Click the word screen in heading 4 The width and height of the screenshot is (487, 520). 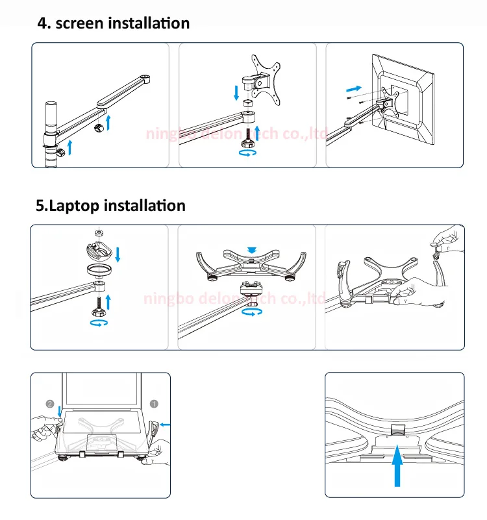[80, 23]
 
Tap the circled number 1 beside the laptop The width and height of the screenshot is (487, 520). [154, 403]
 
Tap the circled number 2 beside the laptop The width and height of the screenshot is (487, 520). [50, 403]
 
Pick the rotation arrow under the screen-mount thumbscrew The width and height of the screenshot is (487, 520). [247, 153]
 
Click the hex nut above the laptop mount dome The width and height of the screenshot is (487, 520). [97, 232]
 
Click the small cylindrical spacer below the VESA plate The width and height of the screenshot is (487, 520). [247, 104]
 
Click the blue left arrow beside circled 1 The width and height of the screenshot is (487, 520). [166, 425]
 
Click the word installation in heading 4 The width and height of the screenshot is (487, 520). [149, 23]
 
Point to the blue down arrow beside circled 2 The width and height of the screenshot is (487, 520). [59, 411]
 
